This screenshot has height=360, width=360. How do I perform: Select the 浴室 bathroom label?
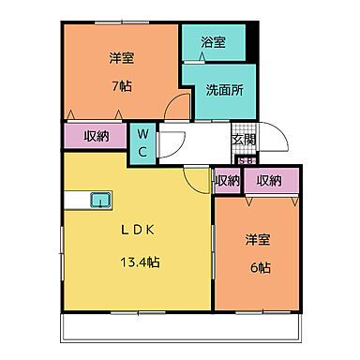[213, 42]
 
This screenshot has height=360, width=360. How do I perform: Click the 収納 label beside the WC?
[95, 136]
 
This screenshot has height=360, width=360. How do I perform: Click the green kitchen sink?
[99, 198]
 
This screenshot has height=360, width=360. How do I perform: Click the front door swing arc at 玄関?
[266, 136]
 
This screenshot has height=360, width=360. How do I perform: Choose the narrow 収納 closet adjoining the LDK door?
[226, 180]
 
